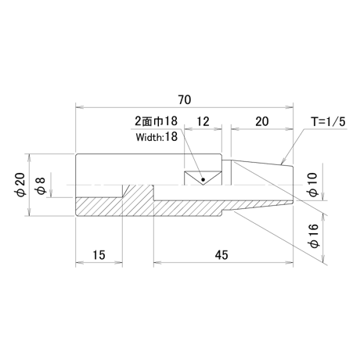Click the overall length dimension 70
point(185,99)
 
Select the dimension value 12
point(203,121)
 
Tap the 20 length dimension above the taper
point(262,121)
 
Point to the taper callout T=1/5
point(328,121)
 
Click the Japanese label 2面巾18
point(157,121)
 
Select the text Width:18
point(157,137)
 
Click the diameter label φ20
point(20,185)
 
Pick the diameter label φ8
point(41,185)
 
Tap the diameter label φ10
point(313,185)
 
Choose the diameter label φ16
point(313,236)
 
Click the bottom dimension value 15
point(99,255)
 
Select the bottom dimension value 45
point(221,255)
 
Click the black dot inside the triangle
point(203,179)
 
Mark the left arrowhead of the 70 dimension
point(80,107)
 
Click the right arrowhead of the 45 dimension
point(289,262)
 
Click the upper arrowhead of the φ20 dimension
point(30,158)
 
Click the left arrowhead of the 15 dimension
point(80,262)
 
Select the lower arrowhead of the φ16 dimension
point(324,258)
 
